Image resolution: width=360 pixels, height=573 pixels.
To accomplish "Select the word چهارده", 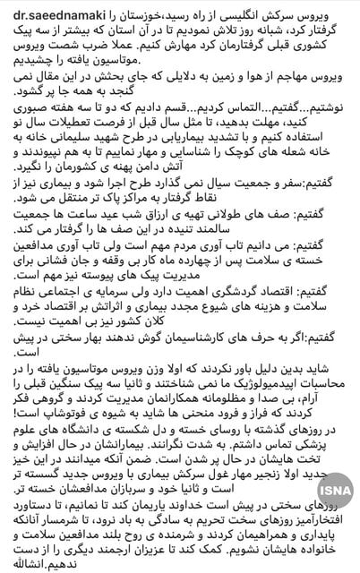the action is pos(193,309).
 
